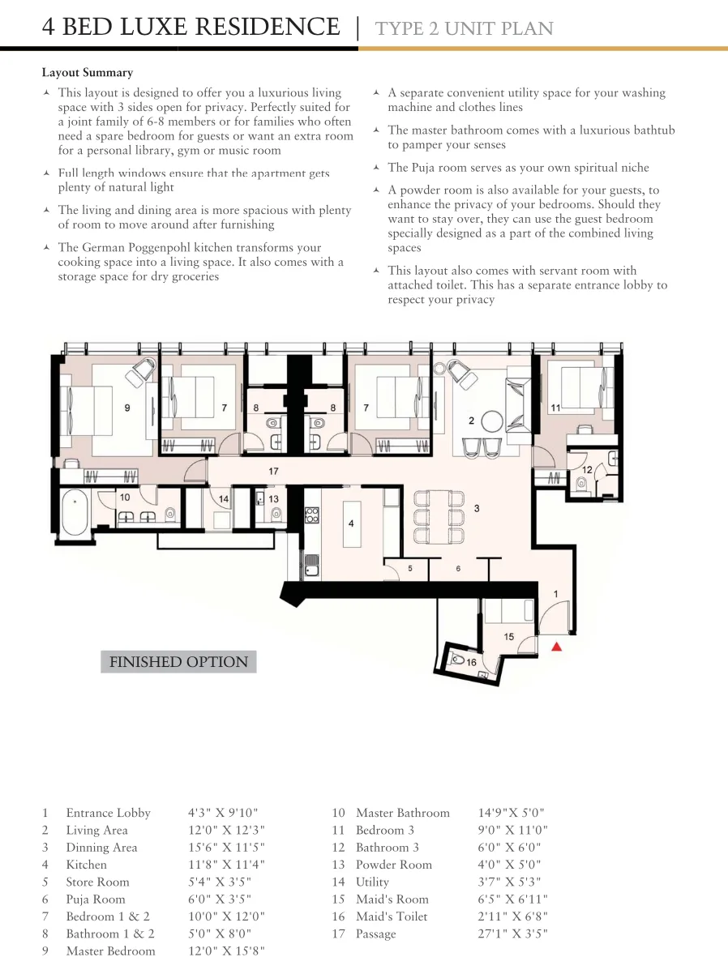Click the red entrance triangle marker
pyautogui.click(x=557, y=647)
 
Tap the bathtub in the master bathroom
pyautogui.click(x=75, y=513)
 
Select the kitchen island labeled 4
pyautogui.click(x=352, y=523)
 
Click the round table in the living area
pyautogui.click(x=492, y=421)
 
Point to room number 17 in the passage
pyautogui.click(x=273, y=472)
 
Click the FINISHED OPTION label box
pyautogui.click(x=178, y=661)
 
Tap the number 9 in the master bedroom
pyautogui.click(x=127, y=408)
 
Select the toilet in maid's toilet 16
pyautogui.click(x=457, y=660)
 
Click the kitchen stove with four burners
pyautogui.click(x=311, y=515)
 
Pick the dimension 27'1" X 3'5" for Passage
pyautogui.click(x=512, y=933)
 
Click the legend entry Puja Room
pyautogui.click(x=96, y=899)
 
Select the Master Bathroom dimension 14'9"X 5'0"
pyautogui.click(x=511, y=813)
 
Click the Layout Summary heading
pyautogui.click(x=88, y=72)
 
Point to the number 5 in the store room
pyautogui.click(x=410, y=568)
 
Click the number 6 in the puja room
pyautogui.click(x=458, y=568)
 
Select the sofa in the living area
pyautogui.click(x=519, y=405)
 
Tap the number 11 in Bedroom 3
pyautogui.click(x=556, y=408)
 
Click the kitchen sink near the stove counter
pyautogui.click(x=311, y=566)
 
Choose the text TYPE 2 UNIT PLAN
pyautogui.click(x=465, y=28)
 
